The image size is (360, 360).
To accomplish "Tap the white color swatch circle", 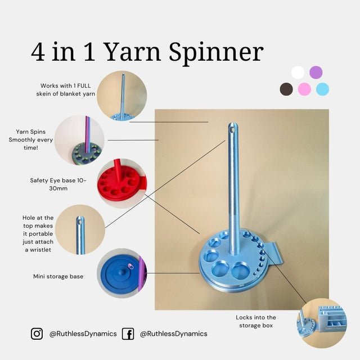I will click(x=298, y=73).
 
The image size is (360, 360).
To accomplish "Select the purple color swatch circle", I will click(x=316, y=73).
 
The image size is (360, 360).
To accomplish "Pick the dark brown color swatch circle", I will click(x=287, y=89).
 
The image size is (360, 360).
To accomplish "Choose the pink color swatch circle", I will click(x=305, y=89).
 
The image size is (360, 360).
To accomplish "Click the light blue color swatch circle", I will click(x=322, y=89).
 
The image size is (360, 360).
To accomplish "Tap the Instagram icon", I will click(x=37, y=334).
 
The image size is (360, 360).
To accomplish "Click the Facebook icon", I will click(x=128, y=334).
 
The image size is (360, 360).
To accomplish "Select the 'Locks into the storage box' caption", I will click(x=256, y=322).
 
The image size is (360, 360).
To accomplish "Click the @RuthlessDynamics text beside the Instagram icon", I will click(x=83, y=334).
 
